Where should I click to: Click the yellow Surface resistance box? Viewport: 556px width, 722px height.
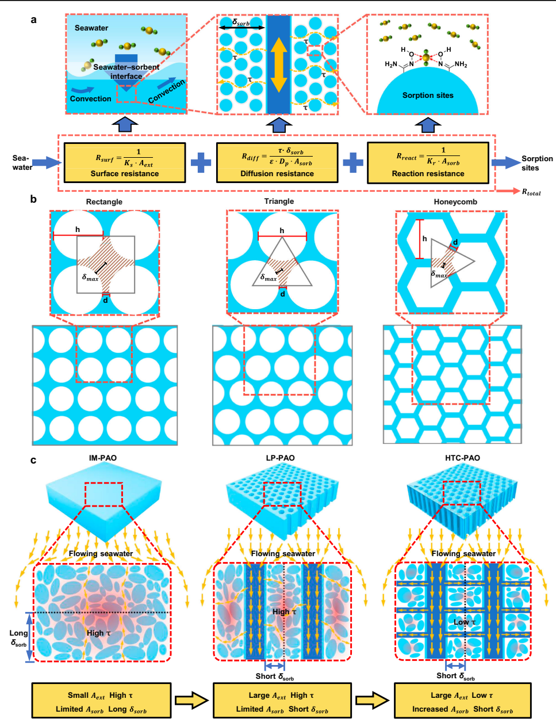[x=125, y=163]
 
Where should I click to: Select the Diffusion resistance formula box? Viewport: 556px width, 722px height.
[x=277, y=163]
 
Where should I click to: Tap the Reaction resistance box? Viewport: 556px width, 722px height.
[x=428, y=163]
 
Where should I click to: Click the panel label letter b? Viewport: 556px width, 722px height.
[x=34, y=199]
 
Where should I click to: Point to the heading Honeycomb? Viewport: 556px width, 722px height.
[x=455, y=202]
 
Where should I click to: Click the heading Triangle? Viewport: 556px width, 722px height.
[x=279, y=201]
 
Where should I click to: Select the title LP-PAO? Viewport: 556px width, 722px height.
[x=280, y=458]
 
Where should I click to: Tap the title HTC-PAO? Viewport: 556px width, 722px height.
[x=462, y=458]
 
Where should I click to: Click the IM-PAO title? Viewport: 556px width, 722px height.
[x=103, y=458]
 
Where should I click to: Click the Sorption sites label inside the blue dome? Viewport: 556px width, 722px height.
[x=428, y=96]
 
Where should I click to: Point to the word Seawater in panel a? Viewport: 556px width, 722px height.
[x=91, y=28]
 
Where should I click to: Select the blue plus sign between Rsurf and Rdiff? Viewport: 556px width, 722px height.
[x=201, y=163]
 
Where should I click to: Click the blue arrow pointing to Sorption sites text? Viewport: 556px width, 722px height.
[x=505, y=163]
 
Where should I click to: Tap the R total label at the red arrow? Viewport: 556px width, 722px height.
[x=531, y=192]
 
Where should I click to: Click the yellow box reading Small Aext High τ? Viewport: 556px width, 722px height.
[x=101, y=701]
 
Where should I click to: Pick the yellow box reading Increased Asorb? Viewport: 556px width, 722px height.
[x=462, y=701]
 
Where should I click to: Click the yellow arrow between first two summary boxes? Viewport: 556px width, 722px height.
[x=191, y=701]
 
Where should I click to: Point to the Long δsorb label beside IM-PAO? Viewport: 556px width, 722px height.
[x=18, y=637]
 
